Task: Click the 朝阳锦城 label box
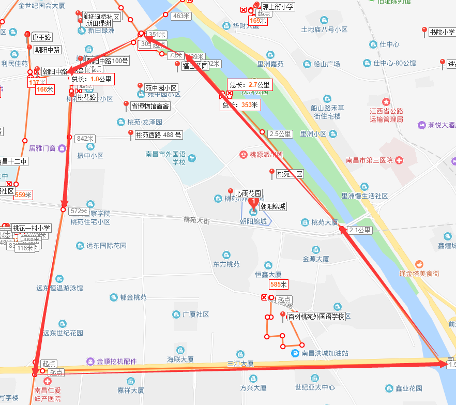pyautogui.click(x=272, y=206)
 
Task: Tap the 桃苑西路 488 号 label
pyautogui.click(x=158, y=136)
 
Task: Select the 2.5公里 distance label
pyautogui.click(x=280, y=134)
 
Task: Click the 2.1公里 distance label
pyautogui.click(x=360, y=230)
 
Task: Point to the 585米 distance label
pyautogui.click(x=278, y=284)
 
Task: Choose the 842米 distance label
pyautogui.click(x=86, y=139)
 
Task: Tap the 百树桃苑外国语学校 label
pyautogui.click(x=316, y=317)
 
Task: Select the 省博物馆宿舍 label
pyautogui.click(x=150, y=106)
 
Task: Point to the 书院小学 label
pyautogui.click(x=442, y=33)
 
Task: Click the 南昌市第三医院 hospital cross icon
pyautogui.click(x=399, y=160)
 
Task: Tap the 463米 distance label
pyautogui.click(x=181, y=17)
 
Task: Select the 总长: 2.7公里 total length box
pyautogui.click(x=250, y=85)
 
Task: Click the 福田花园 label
pyautogui.click(x=195, y=66)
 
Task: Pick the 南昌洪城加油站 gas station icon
pyautogui.click(x=295, y=353)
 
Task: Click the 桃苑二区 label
pyautogui.click(x=290, y=174)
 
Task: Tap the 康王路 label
pyautogui.click(x=42, y=37)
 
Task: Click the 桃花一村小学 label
pyautogui.click(x=32, y=228)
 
